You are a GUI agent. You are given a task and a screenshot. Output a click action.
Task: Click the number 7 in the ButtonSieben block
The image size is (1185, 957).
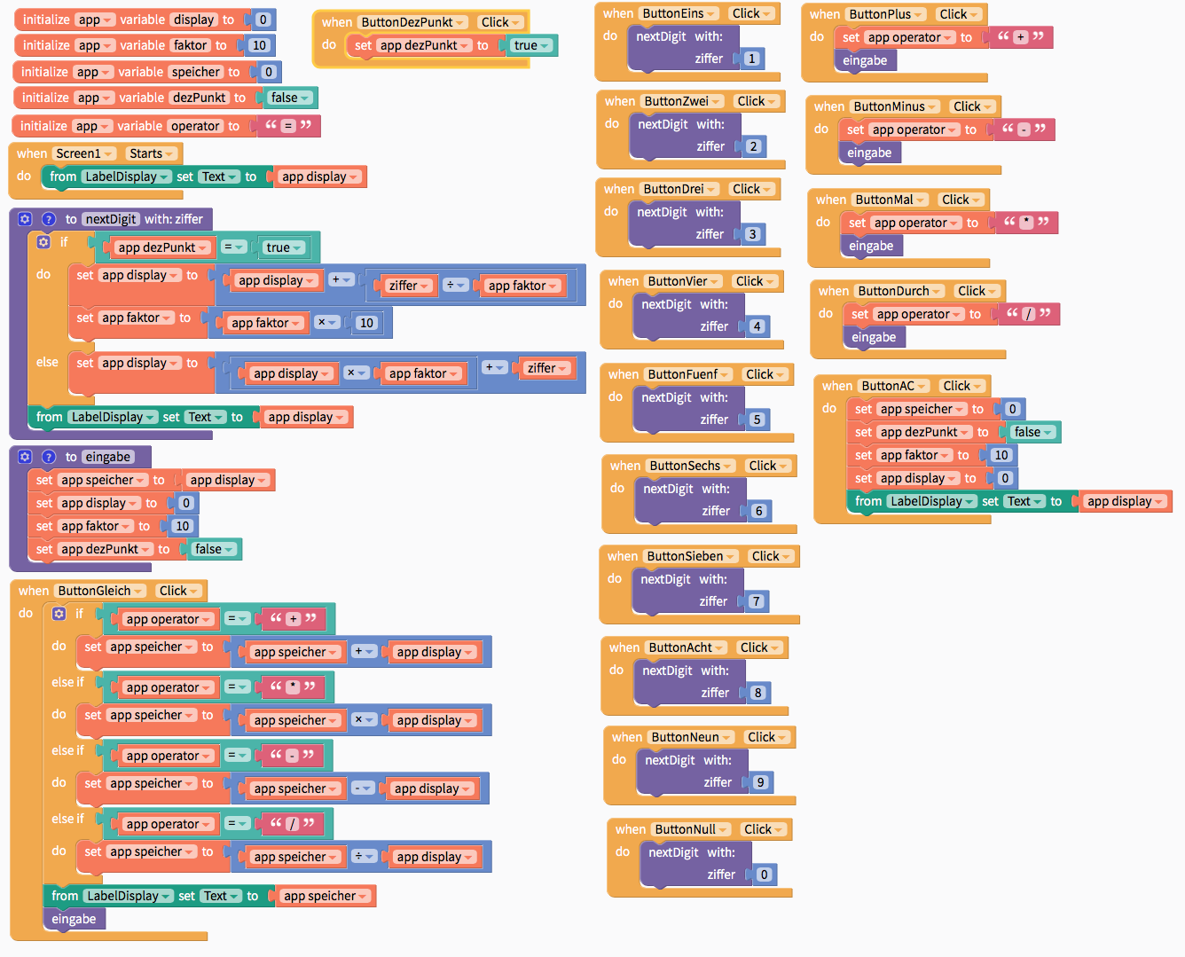[756, 601]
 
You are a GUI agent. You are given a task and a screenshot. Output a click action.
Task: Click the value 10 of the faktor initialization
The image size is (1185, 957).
[259, 45]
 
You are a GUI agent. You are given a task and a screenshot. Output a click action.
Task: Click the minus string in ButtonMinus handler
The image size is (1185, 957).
[1024, 129]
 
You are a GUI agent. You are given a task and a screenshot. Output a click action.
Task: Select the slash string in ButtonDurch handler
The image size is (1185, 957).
[1028, 314]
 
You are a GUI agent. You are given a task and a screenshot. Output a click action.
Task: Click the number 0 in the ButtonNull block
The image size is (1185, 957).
[764, 875]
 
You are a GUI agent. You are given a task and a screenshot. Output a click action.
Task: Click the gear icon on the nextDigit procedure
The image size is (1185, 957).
[25, 219]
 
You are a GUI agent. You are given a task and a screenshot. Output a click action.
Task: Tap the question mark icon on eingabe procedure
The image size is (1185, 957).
[49, 457]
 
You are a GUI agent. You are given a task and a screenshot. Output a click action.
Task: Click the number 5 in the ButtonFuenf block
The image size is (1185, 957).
[756, 420]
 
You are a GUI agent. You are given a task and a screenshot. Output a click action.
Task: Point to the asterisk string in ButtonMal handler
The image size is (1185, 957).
[1026, 222]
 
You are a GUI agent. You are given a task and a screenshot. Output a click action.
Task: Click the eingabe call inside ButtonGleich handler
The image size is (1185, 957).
[74, 919]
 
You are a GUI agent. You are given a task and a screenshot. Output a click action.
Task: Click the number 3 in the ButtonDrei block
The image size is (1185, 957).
[752, 234]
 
